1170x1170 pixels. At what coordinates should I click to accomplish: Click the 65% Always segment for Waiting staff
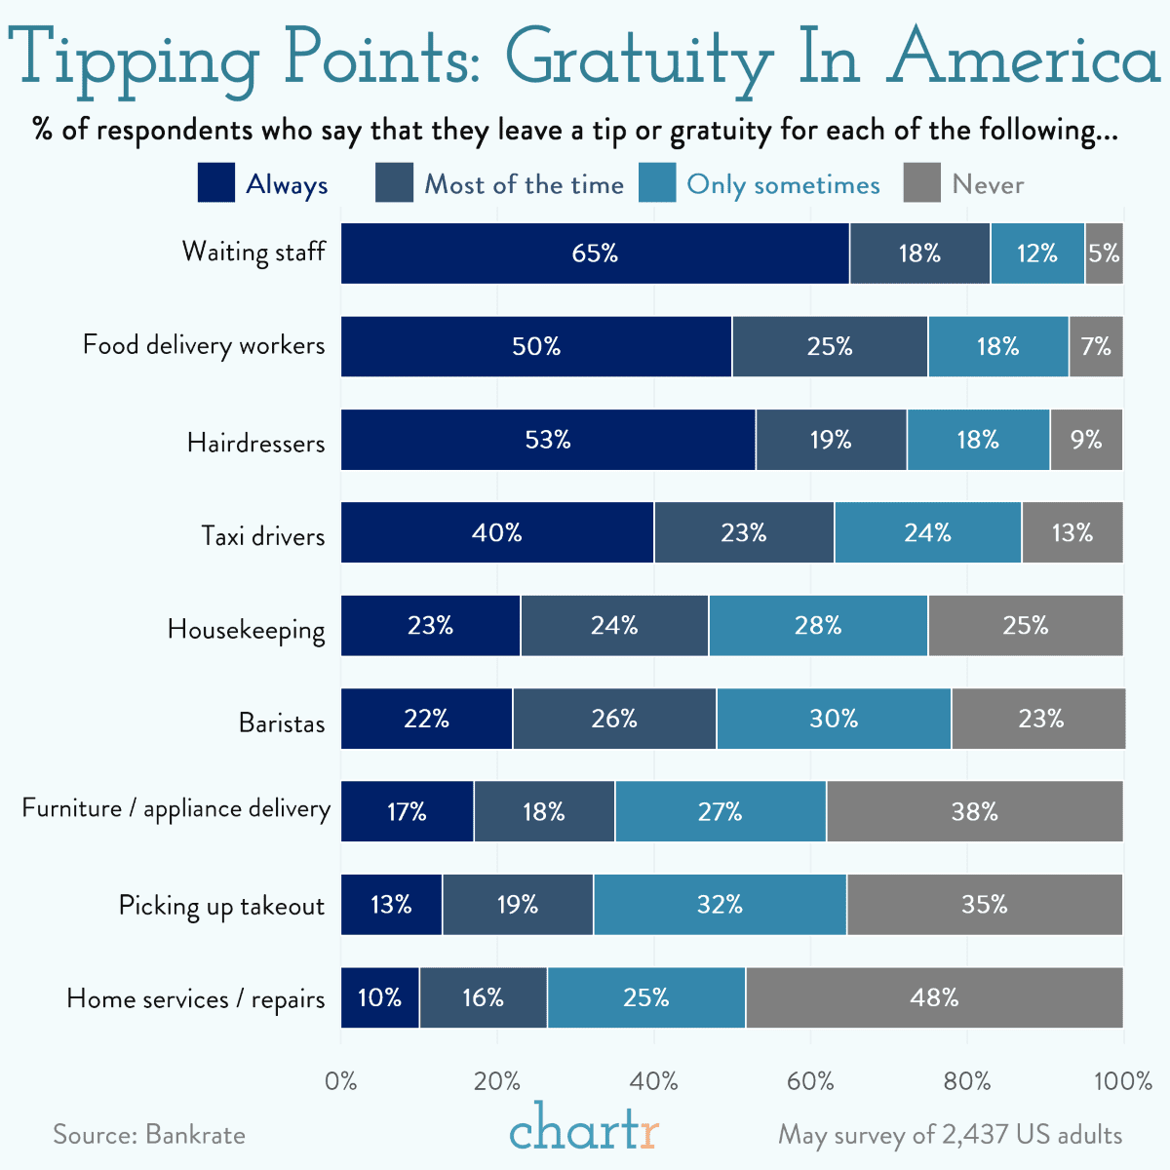point(595,253)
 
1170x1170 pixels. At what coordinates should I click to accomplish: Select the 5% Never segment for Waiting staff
point(1104,253)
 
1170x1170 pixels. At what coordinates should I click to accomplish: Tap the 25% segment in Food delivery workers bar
point(830,346)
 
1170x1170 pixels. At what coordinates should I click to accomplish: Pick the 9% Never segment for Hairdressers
point(1086,440)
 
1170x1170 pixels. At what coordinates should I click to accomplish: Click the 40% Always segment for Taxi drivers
point(497,532)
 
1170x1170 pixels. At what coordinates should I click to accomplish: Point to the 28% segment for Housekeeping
point(818,626)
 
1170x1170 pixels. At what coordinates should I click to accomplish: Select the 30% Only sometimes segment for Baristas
point(834,719)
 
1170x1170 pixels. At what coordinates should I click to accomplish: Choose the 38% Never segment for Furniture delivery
point(975,812)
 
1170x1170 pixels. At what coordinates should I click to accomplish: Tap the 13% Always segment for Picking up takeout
point(391,905)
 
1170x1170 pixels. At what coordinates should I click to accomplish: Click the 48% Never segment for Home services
point(934,998)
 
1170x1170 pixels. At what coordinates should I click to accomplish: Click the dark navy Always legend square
point(216,183)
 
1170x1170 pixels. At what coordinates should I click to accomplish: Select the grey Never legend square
point(922,183)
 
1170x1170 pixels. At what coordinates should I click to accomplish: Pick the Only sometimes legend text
point(783,184)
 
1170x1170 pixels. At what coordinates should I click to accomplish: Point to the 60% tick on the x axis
point(810,1080)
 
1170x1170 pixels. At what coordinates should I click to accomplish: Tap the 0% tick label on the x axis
point(341,1080)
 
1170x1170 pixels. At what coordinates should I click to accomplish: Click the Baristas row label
point(282,722)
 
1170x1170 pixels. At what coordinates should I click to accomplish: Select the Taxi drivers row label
point(262,536)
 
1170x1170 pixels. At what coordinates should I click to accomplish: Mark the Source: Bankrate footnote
point(149,1135)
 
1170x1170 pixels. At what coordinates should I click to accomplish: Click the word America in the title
point(1024,58)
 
